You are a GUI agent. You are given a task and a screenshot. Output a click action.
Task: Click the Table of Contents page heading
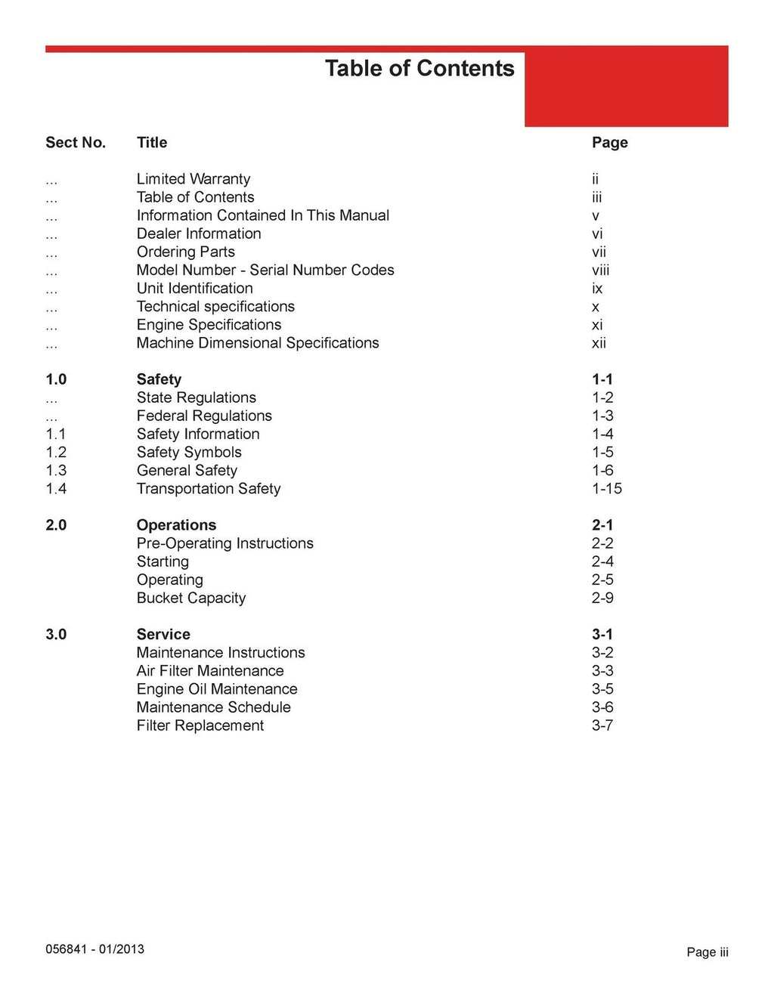click(x=420, y=69)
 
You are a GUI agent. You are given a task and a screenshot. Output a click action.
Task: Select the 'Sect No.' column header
click(x=76, y=143)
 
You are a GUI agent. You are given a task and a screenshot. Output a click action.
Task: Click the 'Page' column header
click(x=609, y=143)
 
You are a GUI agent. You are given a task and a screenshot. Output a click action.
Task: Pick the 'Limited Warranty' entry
click(x=193, y=179)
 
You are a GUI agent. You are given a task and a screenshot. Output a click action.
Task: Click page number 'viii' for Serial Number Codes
click(x=600, y=271)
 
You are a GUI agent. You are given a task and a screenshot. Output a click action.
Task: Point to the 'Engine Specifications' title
click(x=209, y=325)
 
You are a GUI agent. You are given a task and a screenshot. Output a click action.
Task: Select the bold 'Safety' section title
click(x=159, y=379)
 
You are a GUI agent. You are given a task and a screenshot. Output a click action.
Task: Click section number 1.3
click(x=56, y=471)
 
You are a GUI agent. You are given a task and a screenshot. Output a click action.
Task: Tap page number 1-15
click(x=606, y=489)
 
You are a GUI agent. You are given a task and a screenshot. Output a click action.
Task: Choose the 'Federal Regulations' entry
click(x=204, y=416)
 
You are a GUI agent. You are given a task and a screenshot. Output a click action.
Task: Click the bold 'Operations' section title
click(x=176, y=525)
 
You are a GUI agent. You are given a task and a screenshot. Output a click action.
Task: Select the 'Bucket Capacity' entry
click(x=191, y=598)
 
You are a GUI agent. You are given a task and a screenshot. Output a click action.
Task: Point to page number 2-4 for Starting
click(x=602, y=562)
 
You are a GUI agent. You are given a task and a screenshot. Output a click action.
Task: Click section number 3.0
click(x=56, y=635)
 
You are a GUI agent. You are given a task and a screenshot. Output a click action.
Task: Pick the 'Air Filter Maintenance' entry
click(x=210, y=671)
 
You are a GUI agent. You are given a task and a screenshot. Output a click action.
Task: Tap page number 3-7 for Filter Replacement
click(x=602, y=726)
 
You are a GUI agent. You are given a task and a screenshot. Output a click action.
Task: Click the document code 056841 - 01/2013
click(x=94, y=950)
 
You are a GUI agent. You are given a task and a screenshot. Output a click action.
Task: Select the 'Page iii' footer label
click(x=707, y=953)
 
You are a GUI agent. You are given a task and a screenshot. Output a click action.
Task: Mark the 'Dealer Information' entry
click(x=199, y=234)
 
